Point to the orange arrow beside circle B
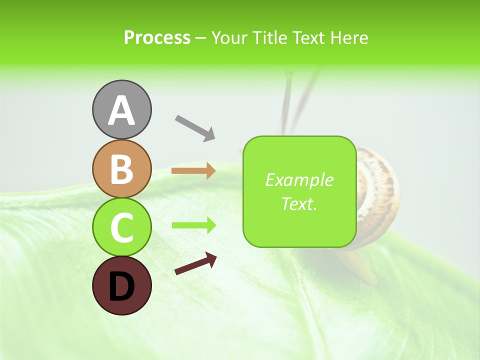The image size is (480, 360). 193,170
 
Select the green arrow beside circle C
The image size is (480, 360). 193,225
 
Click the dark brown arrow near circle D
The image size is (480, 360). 195,263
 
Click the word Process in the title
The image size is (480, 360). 157,37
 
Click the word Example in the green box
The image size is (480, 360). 299,180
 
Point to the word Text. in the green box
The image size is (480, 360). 299,204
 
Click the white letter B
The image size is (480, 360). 121,169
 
